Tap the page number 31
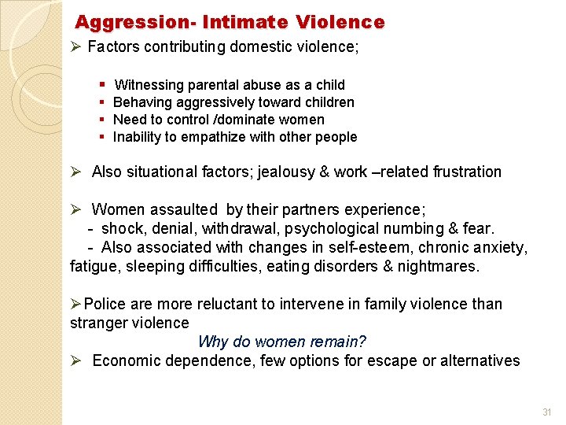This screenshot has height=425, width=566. [547, 412]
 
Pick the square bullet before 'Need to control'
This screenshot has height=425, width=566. [105, 120]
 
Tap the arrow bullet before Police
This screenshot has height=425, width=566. [75, 304]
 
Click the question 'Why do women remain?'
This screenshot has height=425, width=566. [282, 342]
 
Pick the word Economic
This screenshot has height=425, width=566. [125, 360]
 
